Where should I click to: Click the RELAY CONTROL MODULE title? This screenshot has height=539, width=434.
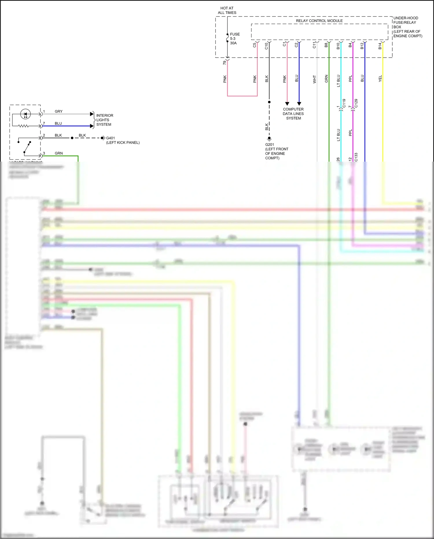tap(319, 21)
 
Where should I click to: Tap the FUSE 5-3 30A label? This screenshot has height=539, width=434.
tap(234, 39)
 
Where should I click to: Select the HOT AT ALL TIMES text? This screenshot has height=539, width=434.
tap(227, 10)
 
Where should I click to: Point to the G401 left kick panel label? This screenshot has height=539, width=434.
tap(122, 140)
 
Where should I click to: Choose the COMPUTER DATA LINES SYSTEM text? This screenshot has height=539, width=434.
tap(293, 114)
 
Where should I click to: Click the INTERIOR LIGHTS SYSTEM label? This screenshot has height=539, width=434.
tap(104, 120)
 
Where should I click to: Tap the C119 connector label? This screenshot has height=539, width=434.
tap(344, 103)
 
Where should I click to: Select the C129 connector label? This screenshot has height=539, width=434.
tap(356, 103)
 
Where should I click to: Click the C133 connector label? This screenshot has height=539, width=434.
tap(356, 157)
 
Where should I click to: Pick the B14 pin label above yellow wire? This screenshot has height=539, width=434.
tap(380, 46)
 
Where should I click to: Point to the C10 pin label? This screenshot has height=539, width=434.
tap(266, 46)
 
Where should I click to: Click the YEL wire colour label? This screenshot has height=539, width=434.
tap(380, 78)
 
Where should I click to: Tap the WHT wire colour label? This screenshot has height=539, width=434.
tap(315, 79)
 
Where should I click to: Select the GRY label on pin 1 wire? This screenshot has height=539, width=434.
tap(58, 112)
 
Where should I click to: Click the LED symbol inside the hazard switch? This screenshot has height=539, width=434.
tap(25, 114)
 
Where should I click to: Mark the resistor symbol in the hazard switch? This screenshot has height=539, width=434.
tap(23, 126)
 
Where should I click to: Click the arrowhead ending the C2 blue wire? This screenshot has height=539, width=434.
tap(299, 104)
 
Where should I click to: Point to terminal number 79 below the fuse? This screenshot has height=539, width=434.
tap(224, 63)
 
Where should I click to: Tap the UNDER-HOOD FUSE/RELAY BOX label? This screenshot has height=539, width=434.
tap(407, 27)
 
